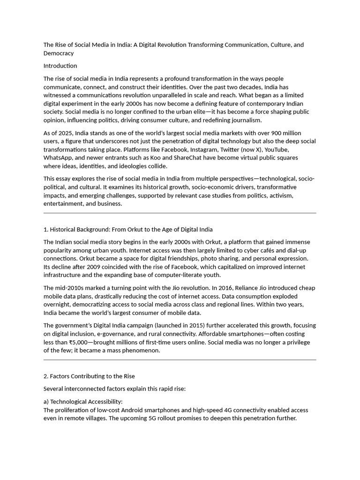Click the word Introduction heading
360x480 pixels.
pyautogui.click(x=60, y=66)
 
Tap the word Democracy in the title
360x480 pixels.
pyautogui.click(x=59, y=53)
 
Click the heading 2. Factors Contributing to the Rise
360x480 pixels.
pyautogui.click(x=89, y=376)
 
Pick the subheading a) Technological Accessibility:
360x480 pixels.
pyautogui.click(x=83, y=402)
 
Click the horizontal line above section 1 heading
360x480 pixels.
pyautogui.click(x=180, y=213)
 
